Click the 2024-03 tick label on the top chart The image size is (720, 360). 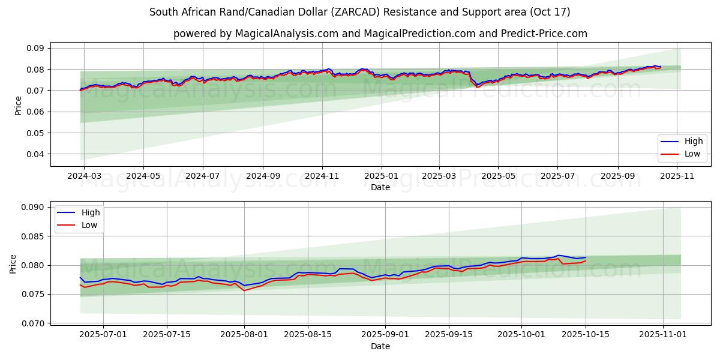(x=84, y=177)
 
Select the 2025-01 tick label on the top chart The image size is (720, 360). (x=381, y=177)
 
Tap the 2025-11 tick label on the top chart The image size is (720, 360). (x=677, y=177)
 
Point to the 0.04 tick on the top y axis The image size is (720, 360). (x=37, y=154)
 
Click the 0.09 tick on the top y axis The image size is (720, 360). (x=37, y=48)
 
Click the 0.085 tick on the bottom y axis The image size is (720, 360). (x=35, y=236)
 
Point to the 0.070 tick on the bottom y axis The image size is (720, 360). (x=35, y=323)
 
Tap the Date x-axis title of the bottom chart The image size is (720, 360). (x=380, y=346)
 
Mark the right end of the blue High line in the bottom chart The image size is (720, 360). (x=586, y=257)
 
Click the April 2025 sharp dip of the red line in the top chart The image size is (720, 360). (x=478, y=87)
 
